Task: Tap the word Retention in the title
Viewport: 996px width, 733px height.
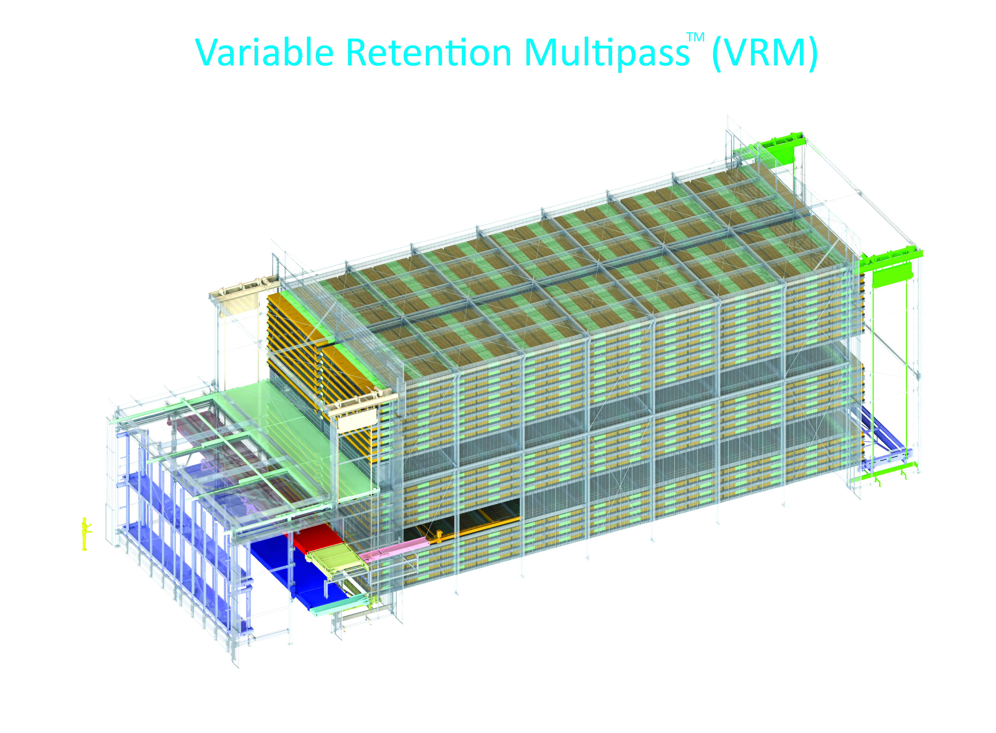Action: (x=429, y=52)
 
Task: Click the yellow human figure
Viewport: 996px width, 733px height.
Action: (x=85, y=534)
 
